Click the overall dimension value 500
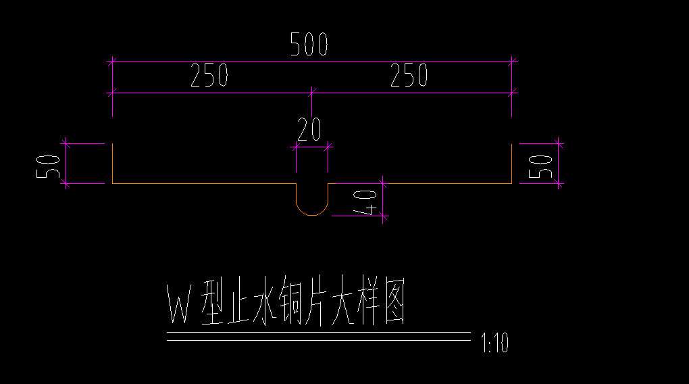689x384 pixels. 309,45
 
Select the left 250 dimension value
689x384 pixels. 209,76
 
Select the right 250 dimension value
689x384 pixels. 409,76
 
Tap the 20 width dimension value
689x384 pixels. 309,129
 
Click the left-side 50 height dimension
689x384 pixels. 47,166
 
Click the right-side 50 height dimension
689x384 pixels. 543,166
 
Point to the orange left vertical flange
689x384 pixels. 112,164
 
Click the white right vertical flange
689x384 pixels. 511,164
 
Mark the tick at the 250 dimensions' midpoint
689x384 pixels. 311,91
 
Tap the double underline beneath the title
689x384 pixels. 317,336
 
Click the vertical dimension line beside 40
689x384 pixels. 383,200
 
